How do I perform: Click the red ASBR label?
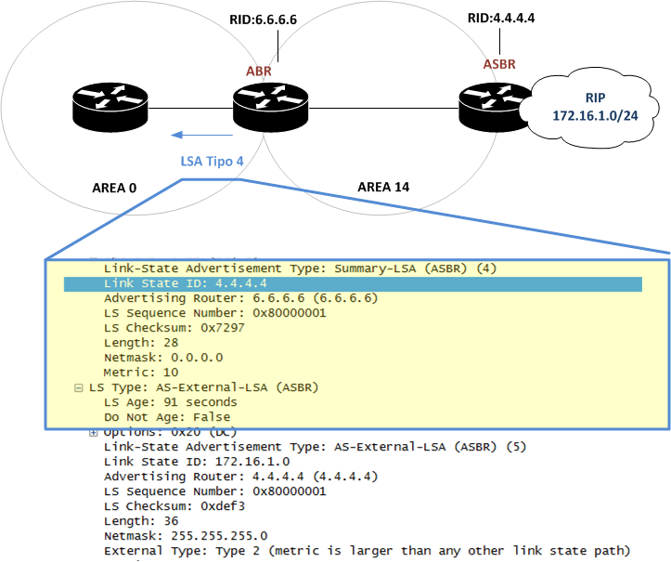498,64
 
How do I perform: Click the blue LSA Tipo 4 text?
212,161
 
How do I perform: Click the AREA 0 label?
114,189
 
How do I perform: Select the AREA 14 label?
383,187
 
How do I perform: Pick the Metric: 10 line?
141,372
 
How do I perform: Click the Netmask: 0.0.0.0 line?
163,357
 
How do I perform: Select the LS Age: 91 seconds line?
170,402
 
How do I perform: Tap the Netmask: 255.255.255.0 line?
186,535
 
